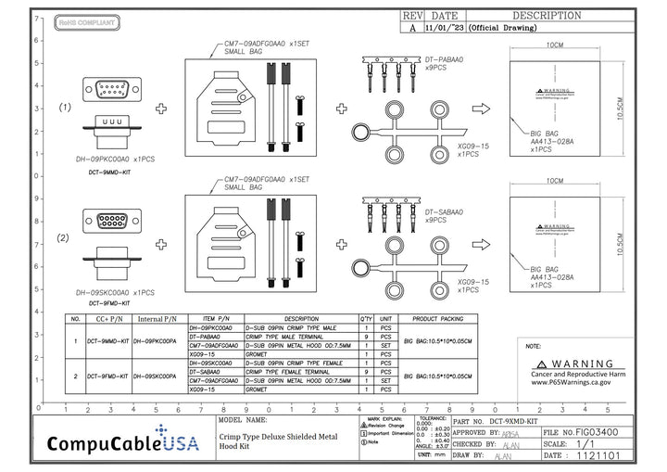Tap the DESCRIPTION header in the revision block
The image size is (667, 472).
[x=547, y=16]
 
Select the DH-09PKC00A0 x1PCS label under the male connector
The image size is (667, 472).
[x=114, y=159]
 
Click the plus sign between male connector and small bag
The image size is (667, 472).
[x=161, y=108]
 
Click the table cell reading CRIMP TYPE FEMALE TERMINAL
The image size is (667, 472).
[x=288, y=371]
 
